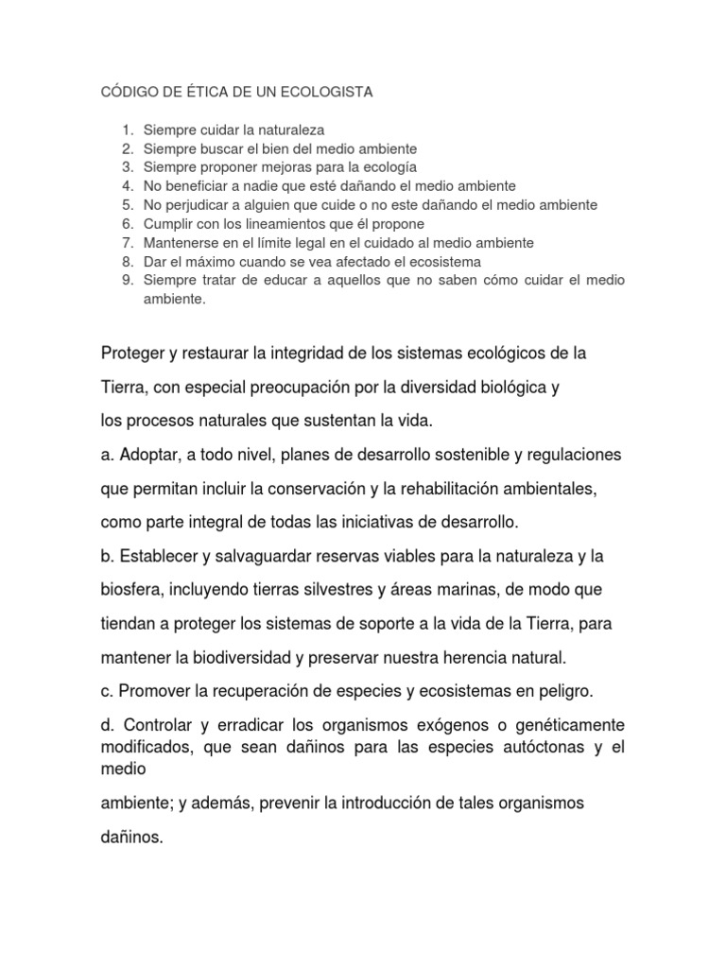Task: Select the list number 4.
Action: point(128,186)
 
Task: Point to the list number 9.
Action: point(128,280)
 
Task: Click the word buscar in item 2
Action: point(208,149)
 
